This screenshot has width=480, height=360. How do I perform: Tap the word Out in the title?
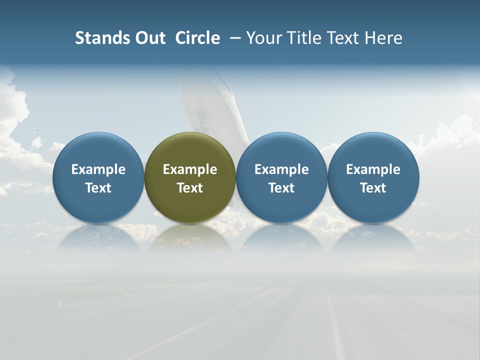click(x=148, y=38)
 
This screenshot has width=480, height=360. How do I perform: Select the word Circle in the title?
click(x=197, y=38)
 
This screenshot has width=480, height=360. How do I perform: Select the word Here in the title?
click(x=383, y=38)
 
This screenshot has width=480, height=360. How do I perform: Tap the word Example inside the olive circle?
click(x=190, y=169)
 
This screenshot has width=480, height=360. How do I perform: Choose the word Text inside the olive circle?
click(x=190, y=188)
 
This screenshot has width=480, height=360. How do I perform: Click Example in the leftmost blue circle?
click(x=98, y=169)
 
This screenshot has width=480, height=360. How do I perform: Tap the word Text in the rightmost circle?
click(x=373, y=188)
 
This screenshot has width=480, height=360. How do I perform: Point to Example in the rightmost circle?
click(x=373, y=169)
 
